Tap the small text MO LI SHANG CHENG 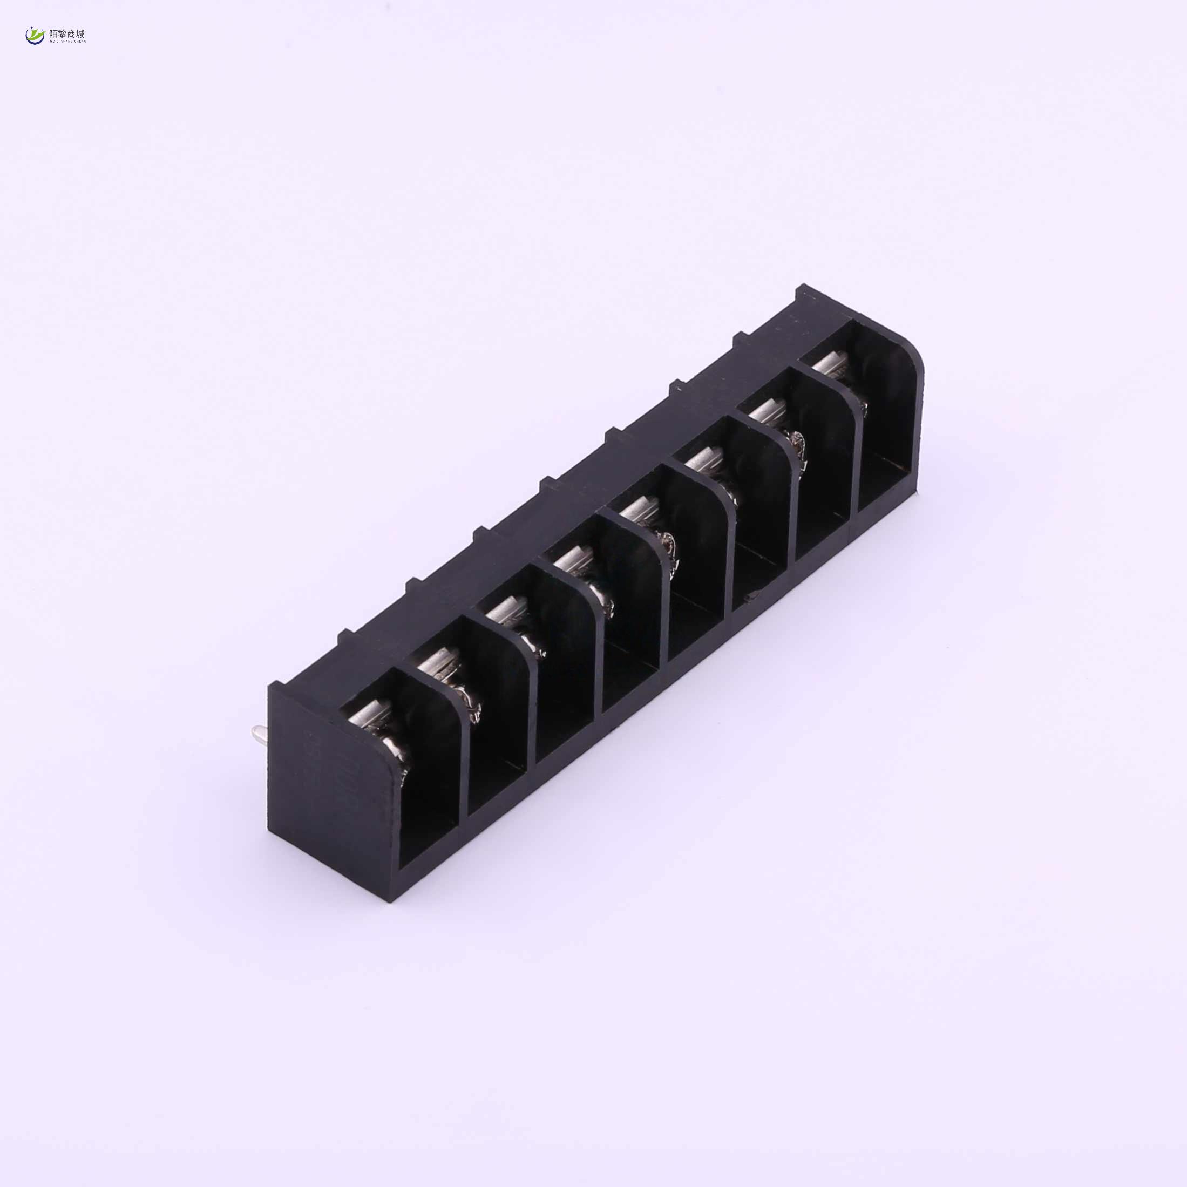pos(67,42)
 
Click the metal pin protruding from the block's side pos(259,732)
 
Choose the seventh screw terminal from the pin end pos(771,418)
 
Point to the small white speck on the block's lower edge pos(752,595)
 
